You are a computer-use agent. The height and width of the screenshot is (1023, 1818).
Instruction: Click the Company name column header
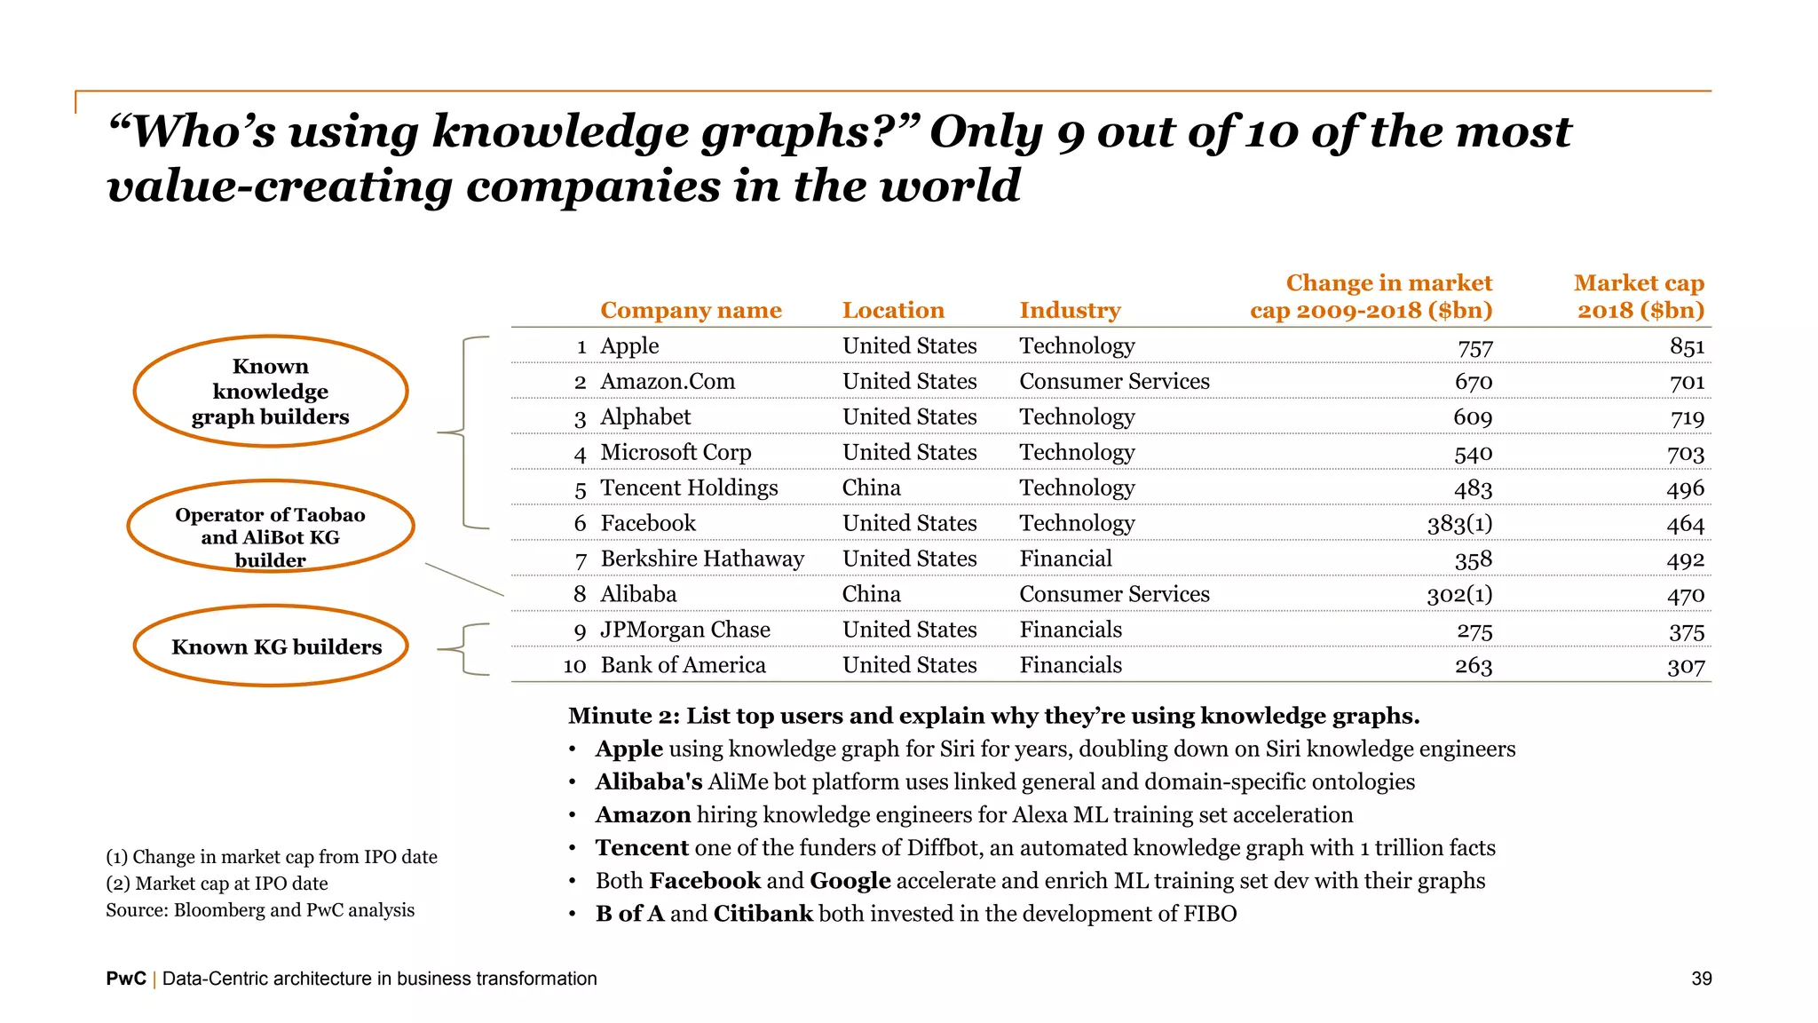click(x=691, y=310)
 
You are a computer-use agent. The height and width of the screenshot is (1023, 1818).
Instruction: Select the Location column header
click(x=893, y=310)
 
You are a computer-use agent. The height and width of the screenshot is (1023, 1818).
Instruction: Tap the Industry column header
click(x=1070, y=310)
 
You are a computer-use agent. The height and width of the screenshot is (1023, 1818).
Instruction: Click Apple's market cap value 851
click(x=1687, y=346)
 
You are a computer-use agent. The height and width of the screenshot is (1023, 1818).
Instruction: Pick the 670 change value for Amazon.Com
click(x=1474, y=382)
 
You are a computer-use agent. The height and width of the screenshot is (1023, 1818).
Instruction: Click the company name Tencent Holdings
click(x=689, y=488)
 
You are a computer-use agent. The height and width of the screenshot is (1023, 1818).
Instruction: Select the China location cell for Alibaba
click(x=871, y=594)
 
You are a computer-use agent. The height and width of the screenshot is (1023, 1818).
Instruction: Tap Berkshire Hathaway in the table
click(x=702, y=559)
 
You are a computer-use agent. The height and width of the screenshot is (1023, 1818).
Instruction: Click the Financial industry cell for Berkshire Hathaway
click(x=1065, y=559)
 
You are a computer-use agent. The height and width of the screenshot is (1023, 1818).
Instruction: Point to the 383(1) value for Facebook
click(x=1459, y=524)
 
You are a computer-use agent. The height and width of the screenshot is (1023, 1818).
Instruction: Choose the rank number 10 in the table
click(x=574, y=666)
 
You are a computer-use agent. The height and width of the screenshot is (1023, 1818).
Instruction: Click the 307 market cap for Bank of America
click(x=1686, y=666)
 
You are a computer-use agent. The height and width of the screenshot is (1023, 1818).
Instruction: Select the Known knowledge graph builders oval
click(x=271, y=392)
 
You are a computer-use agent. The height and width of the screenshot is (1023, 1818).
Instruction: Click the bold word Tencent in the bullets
click(x=642, y=848)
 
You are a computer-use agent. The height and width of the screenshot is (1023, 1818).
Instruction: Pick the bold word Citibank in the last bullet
click(x=763, y=914)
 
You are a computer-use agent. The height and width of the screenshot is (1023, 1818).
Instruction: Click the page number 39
click(x=1701, y=979)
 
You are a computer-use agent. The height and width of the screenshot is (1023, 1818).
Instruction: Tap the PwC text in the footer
click(x=126, y=979)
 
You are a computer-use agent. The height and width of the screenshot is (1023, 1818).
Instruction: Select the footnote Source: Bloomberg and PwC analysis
click(x=260, y=910)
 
